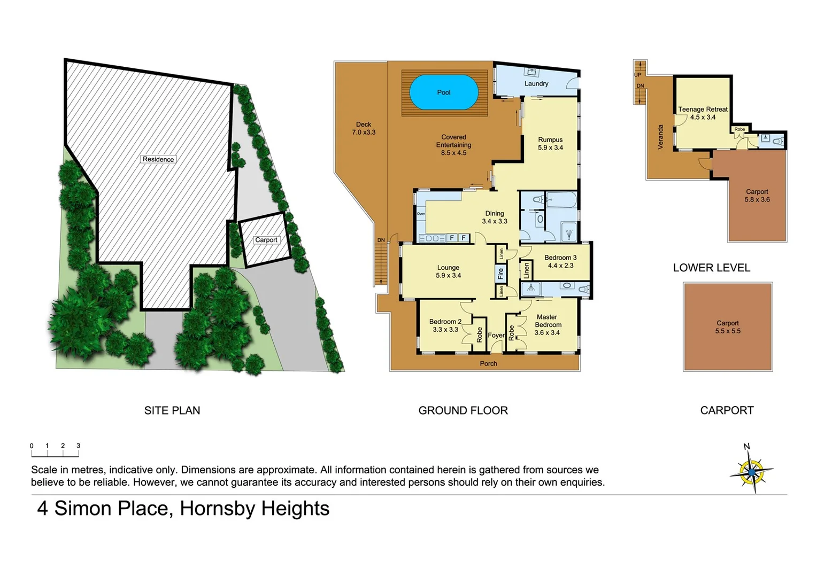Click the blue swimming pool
point(443,92)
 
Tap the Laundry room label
point(536,84)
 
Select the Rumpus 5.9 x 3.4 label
point(550,144)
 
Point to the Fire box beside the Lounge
point(500,274)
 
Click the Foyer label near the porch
point(496,336)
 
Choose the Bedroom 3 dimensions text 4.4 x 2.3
point(560,266)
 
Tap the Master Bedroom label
point(548,321)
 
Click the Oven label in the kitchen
point(421,214)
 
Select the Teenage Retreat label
point(703,110)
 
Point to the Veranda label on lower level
point(660,137)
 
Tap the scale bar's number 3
point(78,446)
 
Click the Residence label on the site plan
point(158,159)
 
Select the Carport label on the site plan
point(266,240)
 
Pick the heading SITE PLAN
point(172,410)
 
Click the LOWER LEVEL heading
point(711,268)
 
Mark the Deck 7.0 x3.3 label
point(364,128)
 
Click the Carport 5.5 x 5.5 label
point(727,327)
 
